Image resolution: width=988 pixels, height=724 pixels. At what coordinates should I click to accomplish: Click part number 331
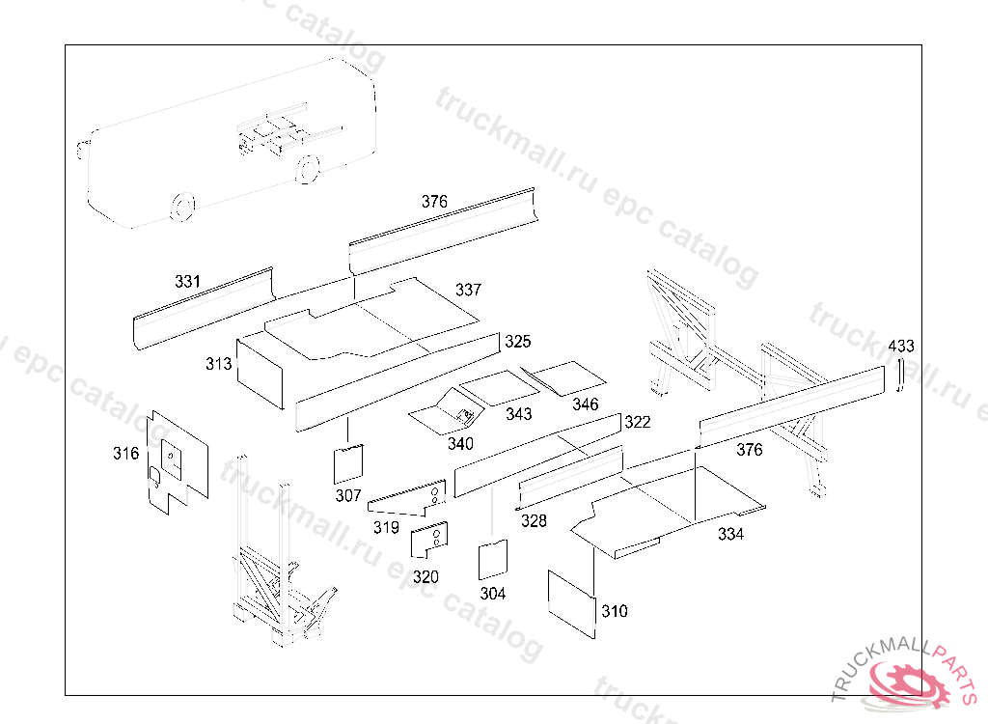click(187, 281)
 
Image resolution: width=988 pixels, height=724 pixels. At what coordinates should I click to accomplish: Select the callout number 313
click(219, 364)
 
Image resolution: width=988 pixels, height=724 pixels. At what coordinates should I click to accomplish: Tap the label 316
click(126, 454)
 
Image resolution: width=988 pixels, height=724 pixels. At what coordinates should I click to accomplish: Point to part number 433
click(901, 347)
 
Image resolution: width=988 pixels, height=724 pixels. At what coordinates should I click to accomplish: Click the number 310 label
click(615, 611)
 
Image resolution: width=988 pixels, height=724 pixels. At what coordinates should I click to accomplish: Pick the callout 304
click(493, 594)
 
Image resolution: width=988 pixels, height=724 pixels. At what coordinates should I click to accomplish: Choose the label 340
click(460, 444)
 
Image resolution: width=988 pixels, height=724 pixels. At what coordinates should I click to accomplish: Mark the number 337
click(468, 290)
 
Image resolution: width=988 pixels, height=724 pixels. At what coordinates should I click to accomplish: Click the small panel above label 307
click(348, 464)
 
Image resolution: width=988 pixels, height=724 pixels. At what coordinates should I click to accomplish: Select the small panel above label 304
click(493, 559)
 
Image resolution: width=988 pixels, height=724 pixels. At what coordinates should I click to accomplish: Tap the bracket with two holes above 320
click(429, 540)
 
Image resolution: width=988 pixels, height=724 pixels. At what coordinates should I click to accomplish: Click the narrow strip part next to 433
click(901, 375)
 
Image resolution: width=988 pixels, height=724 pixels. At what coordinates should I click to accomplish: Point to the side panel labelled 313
click(260, 374)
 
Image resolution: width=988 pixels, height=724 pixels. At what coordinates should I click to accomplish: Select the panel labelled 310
click(571, 605)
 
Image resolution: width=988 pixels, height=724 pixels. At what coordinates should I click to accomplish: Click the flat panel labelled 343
click(500, 388)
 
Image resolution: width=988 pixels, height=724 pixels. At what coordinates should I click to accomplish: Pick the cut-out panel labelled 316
click(178, 462)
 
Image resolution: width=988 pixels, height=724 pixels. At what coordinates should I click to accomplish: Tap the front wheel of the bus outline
click(182, 207)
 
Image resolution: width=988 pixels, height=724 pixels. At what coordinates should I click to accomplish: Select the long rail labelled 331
click(204, 308)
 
